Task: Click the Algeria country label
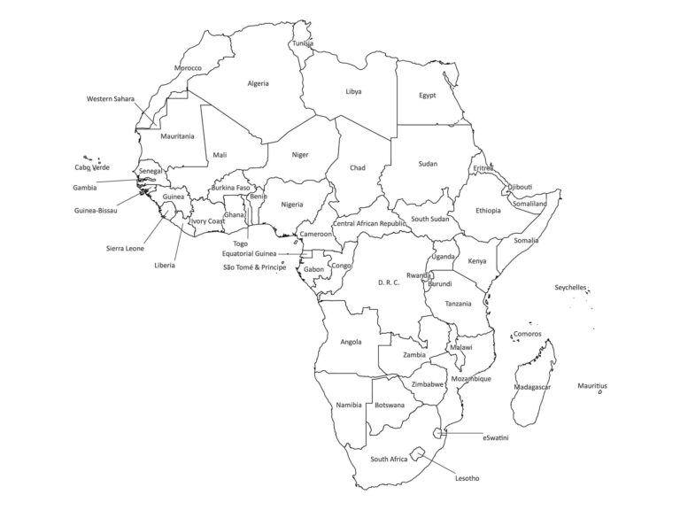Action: pyautogui.click(x=258, y=83)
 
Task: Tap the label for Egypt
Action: pyautogui.click(x=427, y=96)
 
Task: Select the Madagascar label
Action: pyautogui.click(x=532, y=387)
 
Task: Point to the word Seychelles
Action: pyautogui.click(x=570, y=288)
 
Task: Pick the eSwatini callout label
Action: pyautogui.click(x=495, y=437)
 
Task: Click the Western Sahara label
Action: pyautogui.click(x=111, y=98)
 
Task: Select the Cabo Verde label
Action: pyautogui.click(x=92, y=167)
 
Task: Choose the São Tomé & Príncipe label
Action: pyautogui.click(x=255, y=267)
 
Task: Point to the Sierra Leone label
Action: pyautogui.click(x=125, y=248)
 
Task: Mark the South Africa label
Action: pyautogui.click(x=389, y=459)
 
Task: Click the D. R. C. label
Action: pyautogui.click(x=389, y=282)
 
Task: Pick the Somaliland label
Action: pyautogui.click(x=529, y=204)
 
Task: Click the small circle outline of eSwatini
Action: pyautogui.click(x=441, y=433)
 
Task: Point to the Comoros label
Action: pyautogui.click(x=527, y=334)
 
